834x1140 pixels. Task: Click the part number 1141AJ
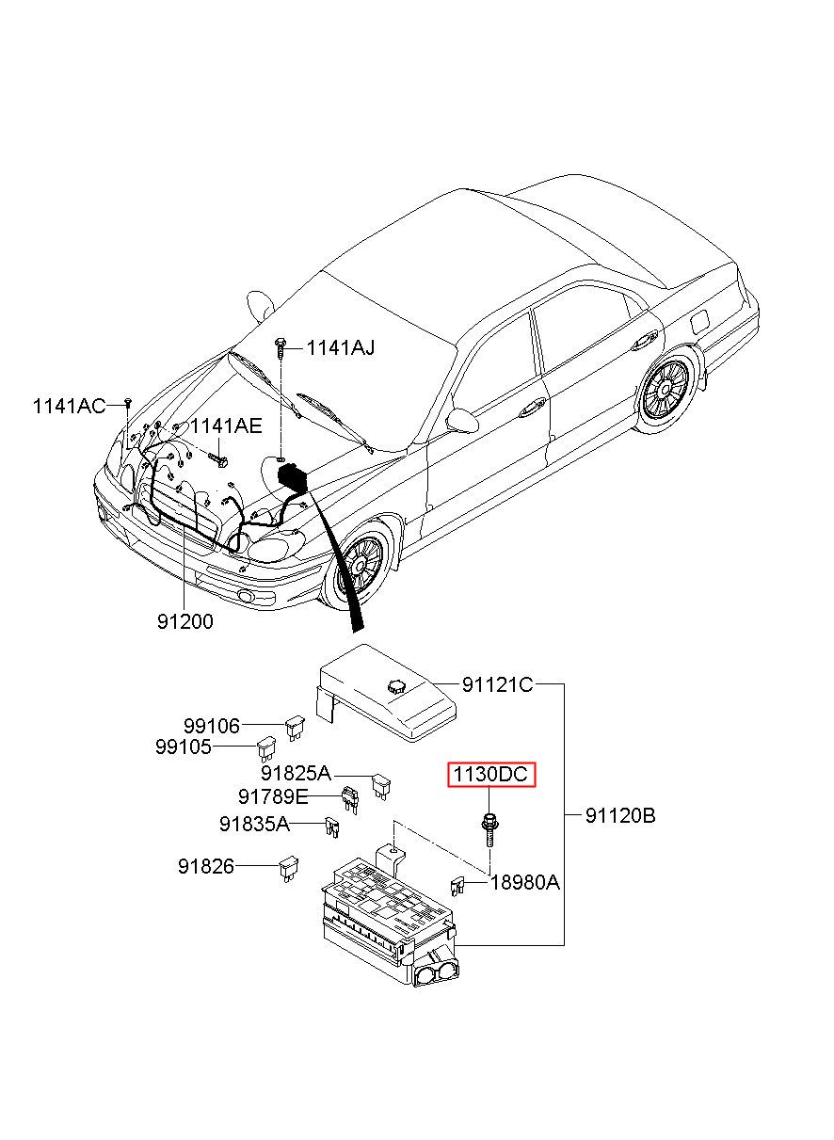pyautogui.click(x=341, y=348)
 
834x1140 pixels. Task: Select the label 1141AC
pyautogui.click(x=69, y=407)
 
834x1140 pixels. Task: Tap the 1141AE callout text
pyautogui.click(x=226, y=426)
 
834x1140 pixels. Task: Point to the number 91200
pyautogui.click(x=185, y=621)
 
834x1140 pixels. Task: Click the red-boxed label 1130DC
pyautogui.click(x=491, y=775)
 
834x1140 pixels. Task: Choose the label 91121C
pyautogui.click(x=497, y=685)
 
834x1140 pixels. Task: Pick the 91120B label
pyautogui.click(x=620, y=816)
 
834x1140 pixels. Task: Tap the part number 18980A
pyautogui.click(x=524, y=883)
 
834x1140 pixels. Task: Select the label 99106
pyautogui.click(x=212, y=726)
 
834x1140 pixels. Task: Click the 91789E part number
pyautogui.click(x=273, y=796)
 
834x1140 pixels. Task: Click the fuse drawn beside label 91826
pyautogui.click(x=289, y=869)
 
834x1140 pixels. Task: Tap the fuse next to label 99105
pyautogui.click(x=266, y=748)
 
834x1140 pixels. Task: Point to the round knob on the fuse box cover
pyautogui.click(x=394, y=686)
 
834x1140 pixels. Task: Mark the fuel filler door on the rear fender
pyautogui.click(x=699, y=321)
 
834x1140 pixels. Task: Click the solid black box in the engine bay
pyautogui.click(x=292, y=477)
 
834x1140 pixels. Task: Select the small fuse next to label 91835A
pyautogui.click(x=331, y=828)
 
